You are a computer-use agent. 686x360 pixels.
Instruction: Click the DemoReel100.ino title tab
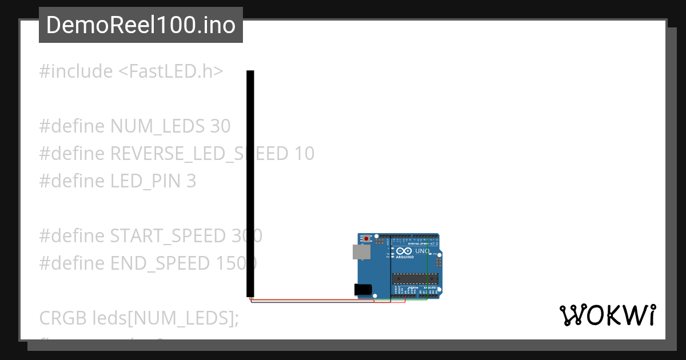141,25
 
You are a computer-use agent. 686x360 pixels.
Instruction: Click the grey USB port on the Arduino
360,252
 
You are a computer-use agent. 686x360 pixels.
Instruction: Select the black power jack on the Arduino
362,290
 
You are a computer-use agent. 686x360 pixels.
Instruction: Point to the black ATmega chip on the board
416,278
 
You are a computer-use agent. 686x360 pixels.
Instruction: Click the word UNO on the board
422,251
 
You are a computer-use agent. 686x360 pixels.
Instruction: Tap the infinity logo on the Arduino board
404,251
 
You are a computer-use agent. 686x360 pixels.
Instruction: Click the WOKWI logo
607,315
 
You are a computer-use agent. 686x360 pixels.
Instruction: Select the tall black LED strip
250,183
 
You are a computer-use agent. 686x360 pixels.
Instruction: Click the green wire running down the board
427,269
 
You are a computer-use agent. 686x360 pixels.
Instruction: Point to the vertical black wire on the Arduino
391,269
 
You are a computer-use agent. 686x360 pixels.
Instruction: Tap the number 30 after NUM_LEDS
220,126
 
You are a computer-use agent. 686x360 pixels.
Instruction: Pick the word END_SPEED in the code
160,263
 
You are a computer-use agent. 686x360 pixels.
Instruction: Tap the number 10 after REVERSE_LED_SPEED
305,154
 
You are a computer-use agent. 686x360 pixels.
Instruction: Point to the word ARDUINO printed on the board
404,257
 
